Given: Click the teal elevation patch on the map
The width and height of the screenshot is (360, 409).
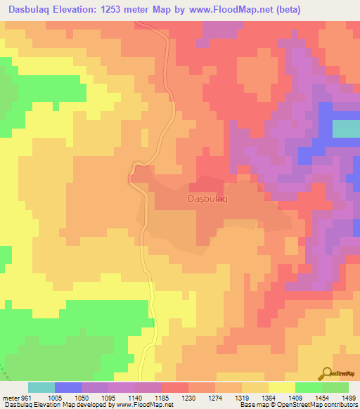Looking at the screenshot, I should tap(345, 129).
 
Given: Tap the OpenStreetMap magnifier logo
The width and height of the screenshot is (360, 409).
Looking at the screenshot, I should tap(326, 372).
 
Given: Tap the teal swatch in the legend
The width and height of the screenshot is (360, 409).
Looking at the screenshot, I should tap(41, 387).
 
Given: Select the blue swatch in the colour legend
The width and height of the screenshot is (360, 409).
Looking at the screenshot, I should tap(67, 387).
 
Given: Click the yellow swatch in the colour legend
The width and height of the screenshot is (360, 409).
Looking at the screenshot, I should tap(282, 387).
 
